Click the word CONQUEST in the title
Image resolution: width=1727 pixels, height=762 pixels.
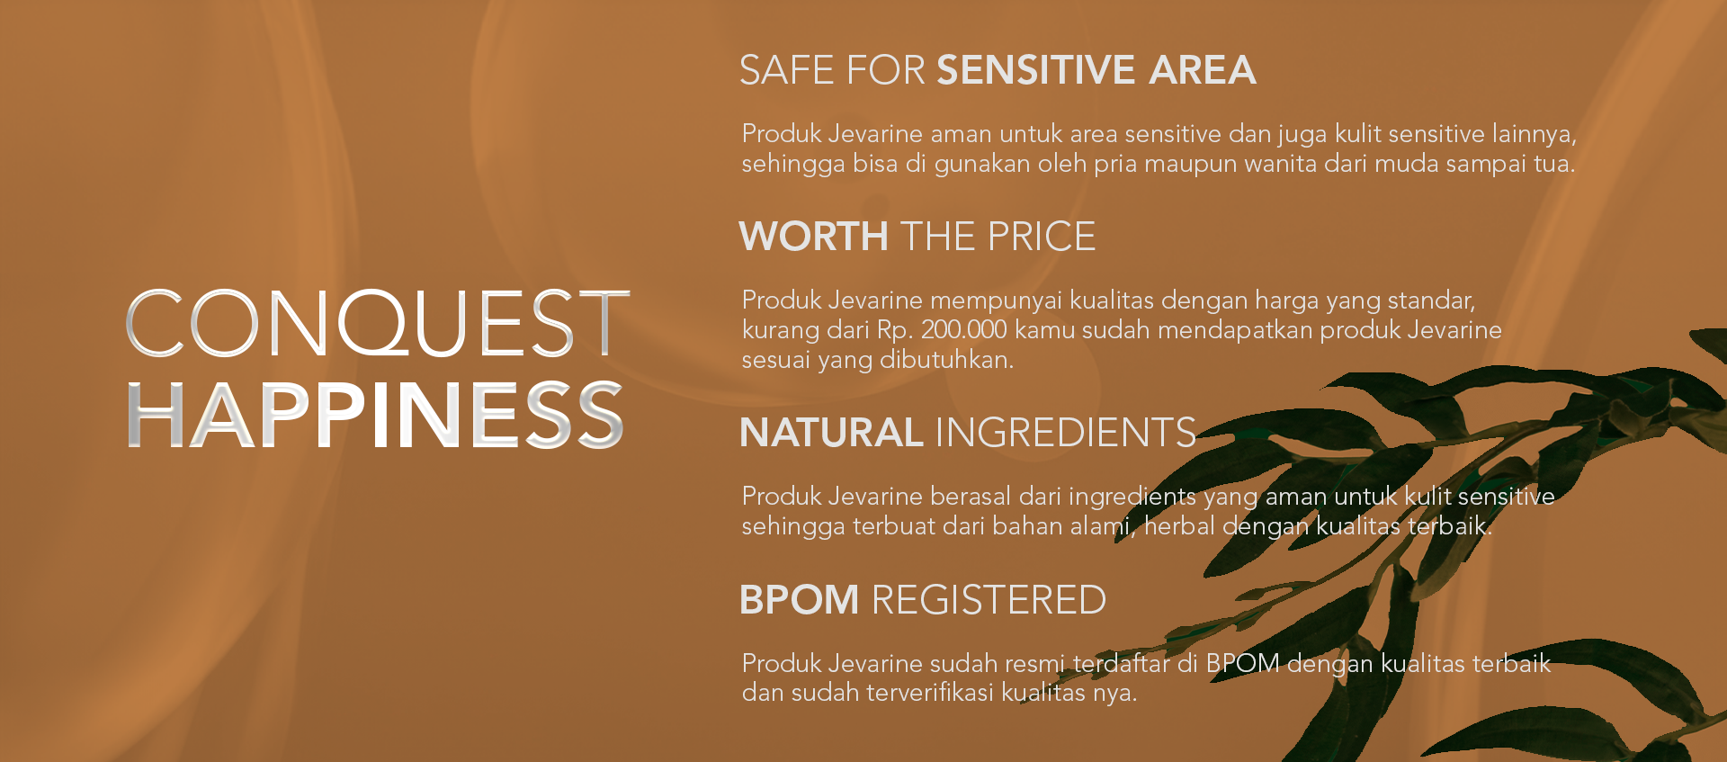click(x=378, y=323)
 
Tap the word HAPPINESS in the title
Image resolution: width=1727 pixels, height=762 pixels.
click(x=375, y=415)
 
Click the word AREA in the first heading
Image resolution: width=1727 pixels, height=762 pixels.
click(x=1203, y=70)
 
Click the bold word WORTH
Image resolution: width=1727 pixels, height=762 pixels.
click(x=814, y=237)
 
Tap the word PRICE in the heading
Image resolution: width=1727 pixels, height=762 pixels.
click(x=1042, y=237)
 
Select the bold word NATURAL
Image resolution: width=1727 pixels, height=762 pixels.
click(x=831, y=433)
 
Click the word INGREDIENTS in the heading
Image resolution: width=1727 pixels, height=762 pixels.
click(x=1066, y=433)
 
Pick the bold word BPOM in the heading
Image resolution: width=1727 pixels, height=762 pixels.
click(x=800, y=600)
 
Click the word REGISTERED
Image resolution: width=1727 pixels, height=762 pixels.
click(x=989, y=600)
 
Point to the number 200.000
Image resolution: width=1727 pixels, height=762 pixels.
click(x=964, y=329)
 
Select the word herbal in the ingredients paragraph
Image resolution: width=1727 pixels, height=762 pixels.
click(x=1179, y=525)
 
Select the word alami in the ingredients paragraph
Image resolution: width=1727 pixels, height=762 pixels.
click(x=1104, y=525)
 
